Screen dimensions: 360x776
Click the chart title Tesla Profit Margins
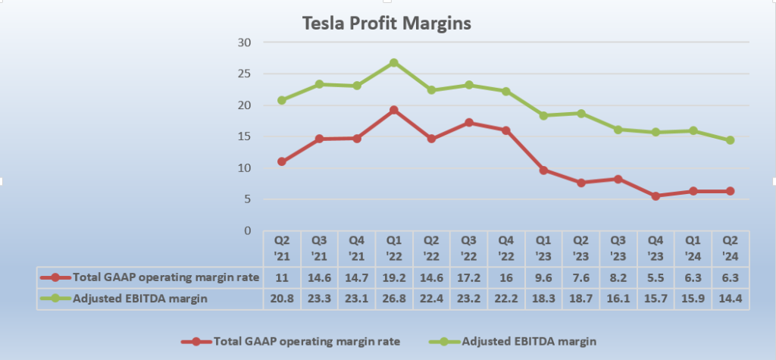click(x=386, y=23)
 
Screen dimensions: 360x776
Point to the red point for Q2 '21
click(x=282, y=161)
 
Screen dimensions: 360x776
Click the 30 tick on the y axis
click(x=244, y=42)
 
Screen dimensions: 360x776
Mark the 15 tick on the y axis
click(x=244, y=136)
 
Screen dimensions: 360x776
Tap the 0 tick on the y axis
click(x=247, y=230)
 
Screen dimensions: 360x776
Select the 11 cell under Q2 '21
click(x=282, y=277)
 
